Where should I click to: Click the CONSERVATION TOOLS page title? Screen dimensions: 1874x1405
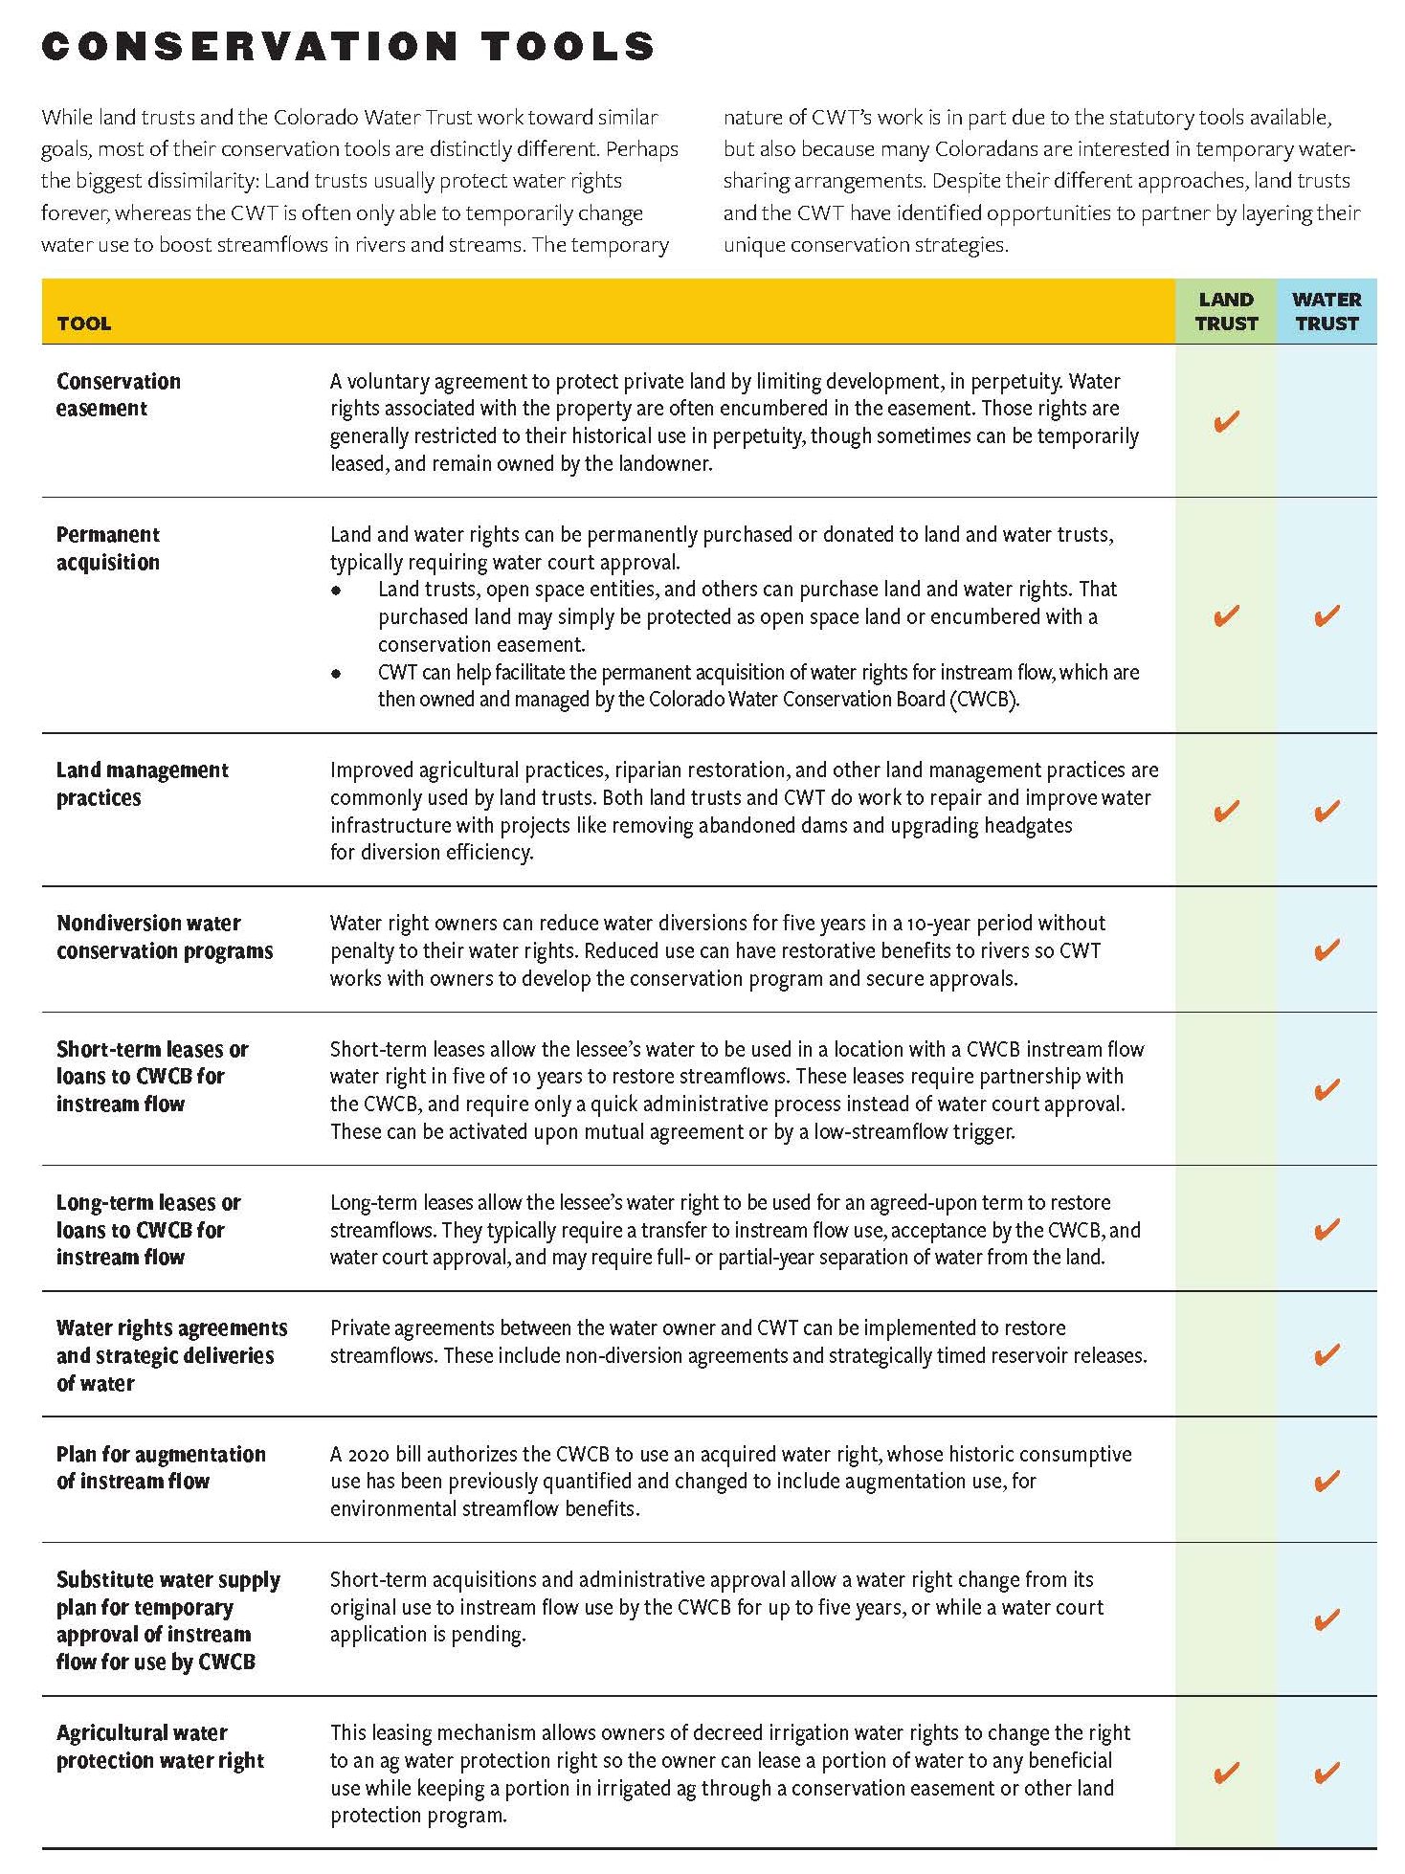coord(348,46)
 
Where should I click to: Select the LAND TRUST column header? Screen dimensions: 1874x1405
coord(1225,312)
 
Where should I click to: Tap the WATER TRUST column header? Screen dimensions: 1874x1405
coord(1327,312)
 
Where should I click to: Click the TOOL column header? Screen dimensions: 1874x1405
coord(84,323)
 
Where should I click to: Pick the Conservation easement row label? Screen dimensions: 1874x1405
coord(119,394)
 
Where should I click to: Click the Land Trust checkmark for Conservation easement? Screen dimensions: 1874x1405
coord(1225,421)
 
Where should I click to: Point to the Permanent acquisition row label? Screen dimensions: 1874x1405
coord(108,548)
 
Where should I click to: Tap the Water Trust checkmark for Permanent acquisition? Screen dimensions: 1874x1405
coord(1327,615)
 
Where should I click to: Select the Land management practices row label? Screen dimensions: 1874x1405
coord(142,784)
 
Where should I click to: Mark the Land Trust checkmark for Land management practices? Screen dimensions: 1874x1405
coord(1225,812)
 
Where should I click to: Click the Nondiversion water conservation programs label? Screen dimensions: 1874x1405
coord(165,937)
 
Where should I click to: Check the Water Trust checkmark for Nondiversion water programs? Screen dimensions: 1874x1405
coord(1327,949)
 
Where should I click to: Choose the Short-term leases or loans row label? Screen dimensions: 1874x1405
coord(151,1076)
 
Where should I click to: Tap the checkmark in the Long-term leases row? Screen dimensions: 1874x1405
coord(1327,1229)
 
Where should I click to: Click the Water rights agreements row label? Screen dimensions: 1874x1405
coord(171,1355)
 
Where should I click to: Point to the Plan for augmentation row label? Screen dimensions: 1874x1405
coord(161,1467)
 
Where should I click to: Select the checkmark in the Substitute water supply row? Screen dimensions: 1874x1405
coord(1327,1619)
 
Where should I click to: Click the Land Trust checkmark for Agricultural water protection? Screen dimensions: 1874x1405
coord(1225,1773)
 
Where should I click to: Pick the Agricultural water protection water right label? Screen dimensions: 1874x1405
coord(160,1747)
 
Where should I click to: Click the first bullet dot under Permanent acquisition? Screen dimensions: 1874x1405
coord(336,591)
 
